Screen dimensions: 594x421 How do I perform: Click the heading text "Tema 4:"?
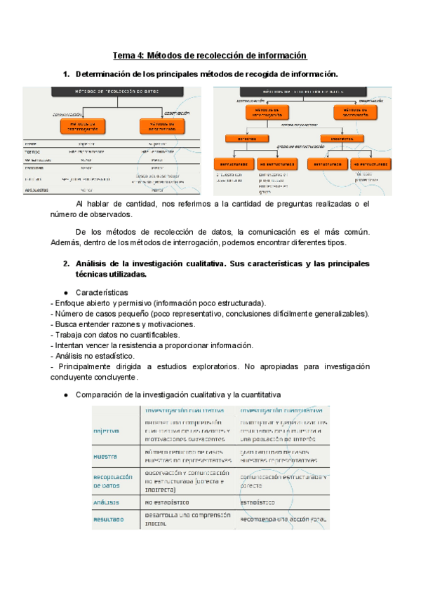click(x=130, y=55)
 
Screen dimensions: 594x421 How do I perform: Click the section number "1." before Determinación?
click(x=67, y=74)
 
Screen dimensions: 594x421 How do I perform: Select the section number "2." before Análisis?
click(x=67, y=264)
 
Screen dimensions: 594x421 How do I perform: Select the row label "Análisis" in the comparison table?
click(x=106, y=502)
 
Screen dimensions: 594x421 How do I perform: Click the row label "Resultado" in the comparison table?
click(x=108, y=519)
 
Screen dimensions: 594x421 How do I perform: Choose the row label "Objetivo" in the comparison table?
click(x=106, y=431)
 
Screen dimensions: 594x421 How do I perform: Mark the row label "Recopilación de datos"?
click(x=113, y=481)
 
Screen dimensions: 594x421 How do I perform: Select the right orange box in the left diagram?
click(x=161, y=125)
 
